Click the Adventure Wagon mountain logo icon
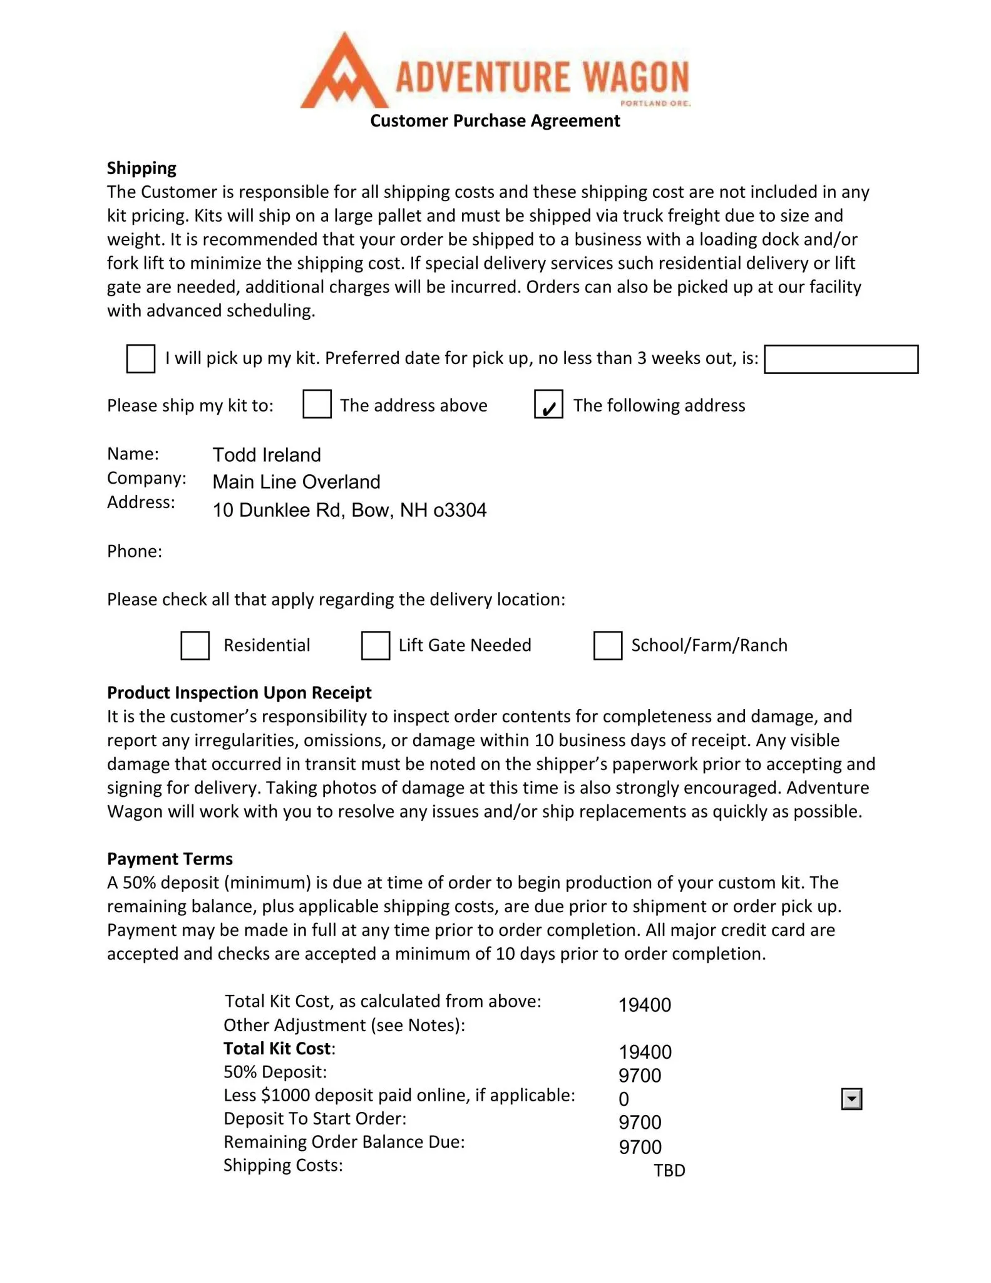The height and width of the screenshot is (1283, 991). [344, 73]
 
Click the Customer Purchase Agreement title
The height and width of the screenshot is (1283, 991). [495, 121]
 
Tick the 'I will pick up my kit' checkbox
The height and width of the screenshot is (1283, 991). [141, 359]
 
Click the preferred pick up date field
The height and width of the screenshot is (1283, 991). [841, 360]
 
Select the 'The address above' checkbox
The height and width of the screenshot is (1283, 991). [317, 404]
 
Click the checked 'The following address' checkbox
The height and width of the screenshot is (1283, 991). [548, 404]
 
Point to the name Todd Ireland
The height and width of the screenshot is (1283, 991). [267, 455]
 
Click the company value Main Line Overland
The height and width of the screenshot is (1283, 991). [296, 482]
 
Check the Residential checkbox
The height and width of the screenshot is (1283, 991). [195, 645]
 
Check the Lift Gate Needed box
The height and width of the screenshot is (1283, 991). [376, 645]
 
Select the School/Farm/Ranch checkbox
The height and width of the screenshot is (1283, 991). [607, 645]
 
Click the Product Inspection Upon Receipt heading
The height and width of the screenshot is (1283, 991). [239, 693]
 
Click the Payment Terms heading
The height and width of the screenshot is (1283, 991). [170, 859]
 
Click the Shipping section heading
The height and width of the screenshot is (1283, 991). [141, 169]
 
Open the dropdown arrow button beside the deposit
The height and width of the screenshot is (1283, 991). [851, 1099]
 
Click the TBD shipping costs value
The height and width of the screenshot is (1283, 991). [669, 1170]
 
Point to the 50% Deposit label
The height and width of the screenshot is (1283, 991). [275, 1072]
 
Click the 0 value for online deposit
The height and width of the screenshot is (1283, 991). [624, 1099]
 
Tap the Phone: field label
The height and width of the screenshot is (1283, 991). [135, 551]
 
